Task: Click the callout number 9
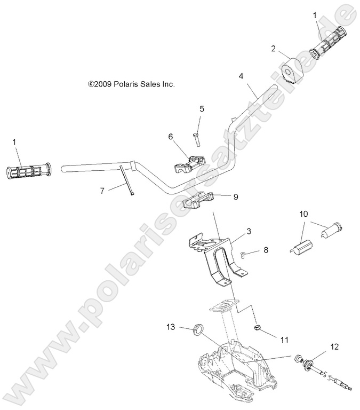tap(235, 196)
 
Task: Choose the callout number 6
tap(170, 136)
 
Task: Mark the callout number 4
tap(241, 76)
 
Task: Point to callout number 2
tap(273, 49)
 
